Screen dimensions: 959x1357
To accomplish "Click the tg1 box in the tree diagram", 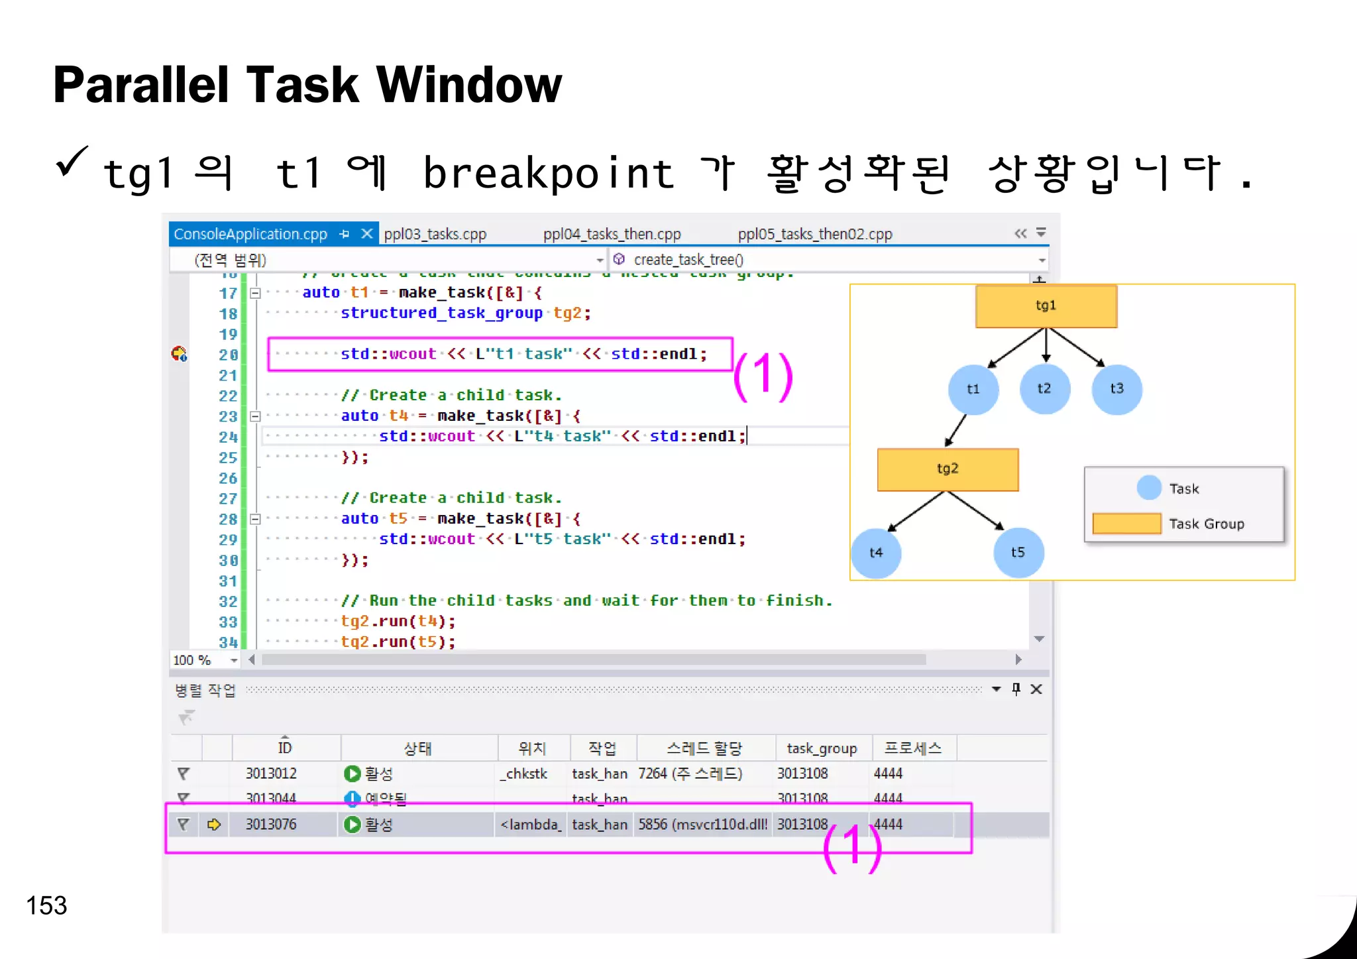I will (x=1046, y=306).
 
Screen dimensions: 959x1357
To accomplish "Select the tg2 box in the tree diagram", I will (x=948, y=469).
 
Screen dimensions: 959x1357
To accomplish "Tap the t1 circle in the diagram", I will (x=973, y=389).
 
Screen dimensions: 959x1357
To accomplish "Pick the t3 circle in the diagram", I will (x=1116, y=389).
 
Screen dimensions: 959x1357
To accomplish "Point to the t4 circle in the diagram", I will (x=876, y=553).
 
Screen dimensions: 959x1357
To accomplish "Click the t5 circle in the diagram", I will (x=1018, y=553).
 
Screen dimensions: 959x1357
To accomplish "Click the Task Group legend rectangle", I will (x=1126, y=524).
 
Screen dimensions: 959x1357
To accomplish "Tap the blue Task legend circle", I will (x=1149, y=488).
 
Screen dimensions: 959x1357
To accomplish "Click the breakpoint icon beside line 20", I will (x=179, y=354).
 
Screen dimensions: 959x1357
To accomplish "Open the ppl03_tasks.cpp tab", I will (x=435, y=234).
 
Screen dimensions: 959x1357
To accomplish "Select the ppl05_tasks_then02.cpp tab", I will (x=815, y=234).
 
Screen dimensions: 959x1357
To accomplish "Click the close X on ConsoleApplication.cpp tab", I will (x=366, y=233).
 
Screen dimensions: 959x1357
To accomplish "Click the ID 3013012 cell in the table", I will (x=271, y=773).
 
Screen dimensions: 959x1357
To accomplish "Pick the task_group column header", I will (x=822, y=748).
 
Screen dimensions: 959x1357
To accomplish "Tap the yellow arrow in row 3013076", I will (x=213, y=824).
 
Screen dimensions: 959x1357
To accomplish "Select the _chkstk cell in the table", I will (x=525, y=773).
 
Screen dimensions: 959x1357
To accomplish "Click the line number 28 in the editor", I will (x=228, y=519).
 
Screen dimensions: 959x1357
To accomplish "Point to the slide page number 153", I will (x=46, y=905).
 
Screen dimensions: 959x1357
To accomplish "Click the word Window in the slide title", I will (x=469, y=85).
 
